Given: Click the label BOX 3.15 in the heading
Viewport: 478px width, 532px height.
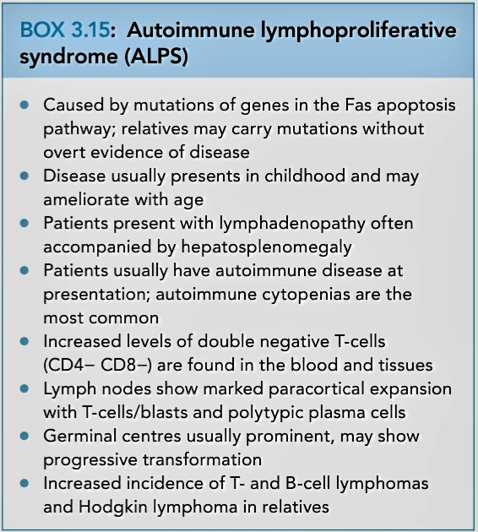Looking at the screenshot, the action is pos(65,30).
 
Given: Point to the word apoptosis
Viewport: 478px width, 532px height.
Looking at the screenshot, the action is pos(416,106).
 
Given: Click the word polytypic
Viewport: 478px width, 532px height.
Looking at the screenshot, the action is pos(259,414).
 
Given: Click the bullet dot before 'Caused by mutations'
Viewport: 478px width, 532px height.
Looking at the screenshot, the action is pos(24,106).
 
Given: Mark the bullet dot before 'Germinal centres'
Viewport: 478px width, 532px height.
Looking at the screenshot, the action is pos(24,437).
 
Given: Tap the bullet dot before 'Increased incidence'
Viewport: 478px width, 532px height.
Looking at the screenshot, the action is pos(24,484).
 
